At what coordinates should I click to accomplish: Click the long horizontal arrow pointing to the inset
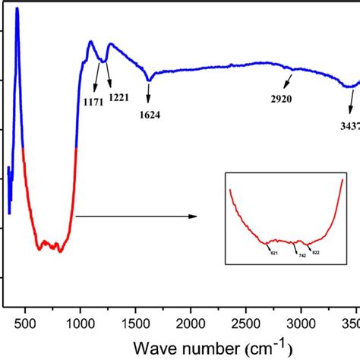click(x=137, y=216)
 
